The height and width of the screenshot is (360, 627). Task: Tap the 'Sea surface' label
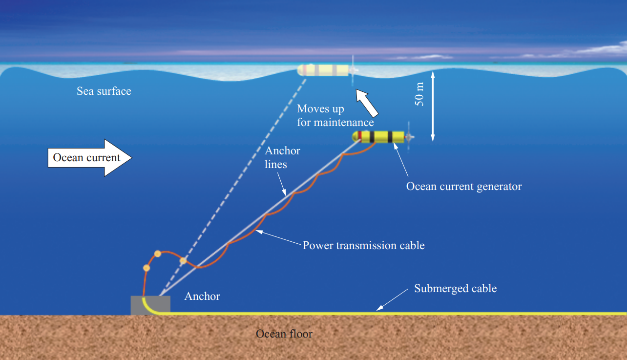[104, 91]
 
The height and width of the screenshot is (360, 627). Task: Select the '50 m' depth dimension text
[419, 94]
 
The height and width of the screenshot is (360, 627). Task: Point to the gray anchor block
[150, 305]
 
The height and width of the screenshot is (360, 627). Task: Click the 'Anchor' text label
[202, 296]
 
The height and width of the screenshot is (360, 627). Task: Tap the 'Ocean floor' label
[284, 334]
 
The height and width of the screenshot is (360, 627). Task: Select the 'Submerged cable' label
[455, 288]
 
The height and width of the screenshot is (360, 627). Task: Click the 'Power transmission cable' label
[363, 245]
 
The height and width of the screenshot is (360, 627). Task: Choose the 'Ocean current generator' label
[464, 186]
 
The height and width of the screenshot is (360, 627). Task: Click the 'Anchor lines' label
[282, 157]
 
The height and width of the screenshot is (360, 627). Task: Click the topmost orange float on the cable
[158, 254]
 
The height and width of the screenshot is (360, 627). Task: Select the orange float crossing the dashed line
[183, 261]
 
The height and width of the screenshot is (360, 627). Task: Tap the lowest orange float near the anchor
[146, 268]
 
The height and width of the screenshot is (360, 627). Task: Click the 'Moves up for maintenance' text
[335, 115]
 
